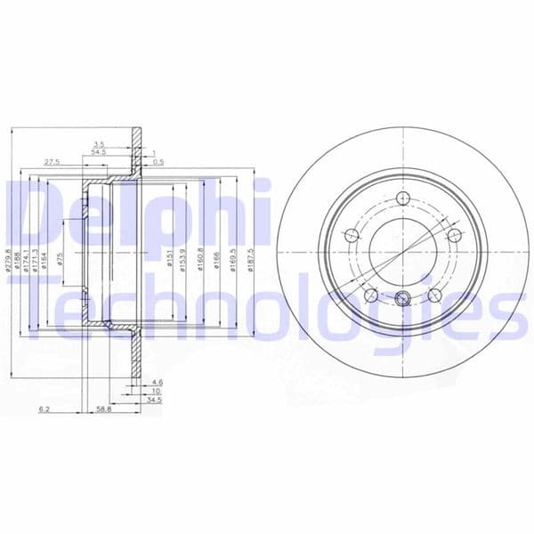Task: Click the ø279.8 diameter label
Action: pos(9,258)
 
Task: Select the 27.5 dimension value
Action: pos(52,163)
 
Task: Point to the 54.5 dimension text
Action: pos(99,153)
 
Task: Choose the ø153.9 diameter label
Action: pos(184,258)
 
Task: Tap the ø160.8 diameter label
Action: pos(200,258)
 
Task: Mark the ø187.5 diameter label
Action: pos(252,258)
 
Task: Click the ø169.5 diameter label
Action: pos(233,258)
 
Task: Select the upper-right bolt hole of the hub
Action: pos(455,235)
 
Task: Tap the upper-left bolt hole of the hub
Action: pos(351,235)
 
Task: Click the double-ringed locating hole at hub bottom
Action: pos(402,299)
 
